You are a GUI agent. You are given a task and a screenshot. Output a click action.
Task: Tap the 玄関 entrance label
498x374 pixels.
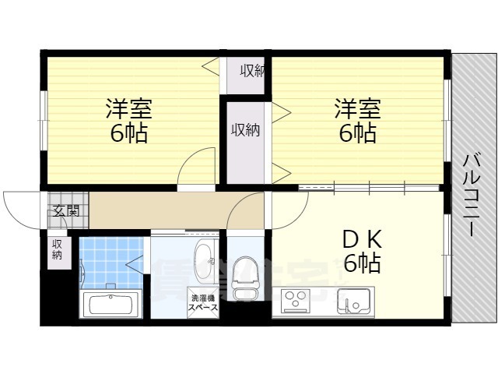[x=66, y=210]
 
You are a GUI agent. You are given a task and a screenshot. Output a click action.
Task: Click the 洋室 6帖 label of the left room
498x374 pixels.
[x=128, y=119]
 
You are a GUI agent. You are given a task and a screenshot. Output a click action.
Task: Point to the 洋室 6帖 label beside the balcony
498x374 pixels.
[x=357, y=119]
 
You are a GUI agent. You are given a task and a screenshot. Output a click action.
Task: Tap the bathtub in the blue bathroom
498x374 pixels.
[x=110, y=303]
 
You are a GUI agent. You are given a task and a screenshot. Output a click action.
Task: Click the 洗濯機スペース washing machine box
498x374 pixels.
[x=202, y=302]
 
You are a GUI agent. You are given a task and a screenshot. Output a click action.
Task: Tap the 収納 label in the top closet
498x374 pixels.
[x=252, y=71]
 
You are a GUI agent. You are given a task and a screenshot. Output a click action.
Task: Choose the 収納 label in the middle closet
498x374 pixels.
[x=244, y=130]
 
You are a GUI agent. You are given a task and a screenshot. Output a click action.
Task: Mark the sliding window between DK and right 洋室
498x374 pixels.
[x=370, y=187]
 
